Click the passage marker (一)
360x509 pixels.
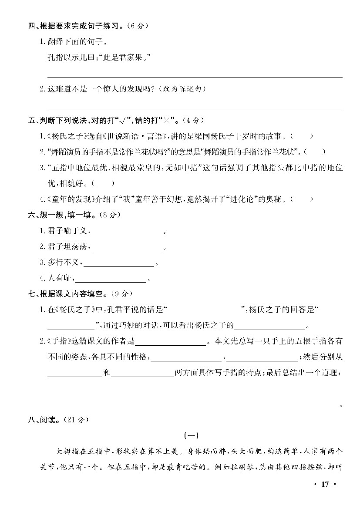[x=191, y=434]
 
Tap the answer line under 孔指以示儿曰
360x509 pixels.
[x=194, y=77]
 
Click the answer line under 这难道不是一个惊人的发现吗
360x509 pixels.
[x=194, y=108]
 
